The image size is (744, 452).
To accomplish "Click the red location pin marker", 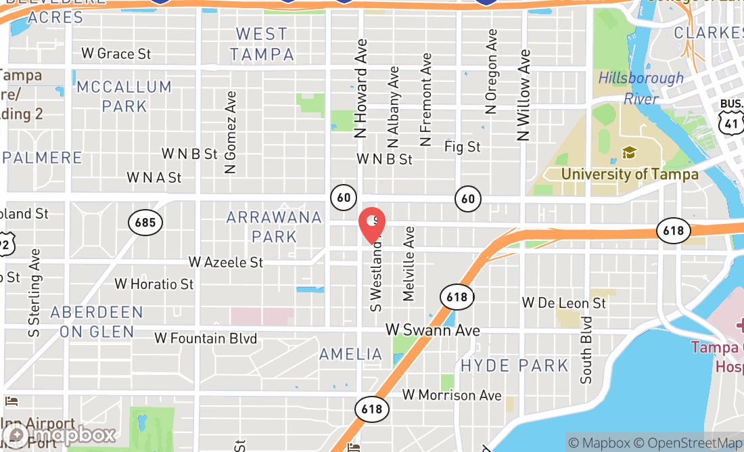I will click(x=371, y=225).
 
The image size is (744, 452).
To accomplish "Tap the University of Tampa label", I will click(x=630, y=175).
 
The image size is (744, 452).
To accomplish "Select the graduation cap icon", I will click(x=630, y=152).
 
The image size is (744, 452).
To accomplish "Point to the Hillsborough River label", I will click(x=641, y=89).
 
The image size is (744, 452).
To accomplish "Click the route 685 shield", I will click(x=145, y=222).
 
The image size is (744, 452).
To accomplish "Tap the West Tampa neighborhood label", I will click(x=262, y=44).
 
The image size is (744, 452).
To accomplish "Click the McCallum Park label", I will click(x=124, y=96).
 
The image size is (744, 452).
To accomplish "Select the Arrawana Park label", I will click(x=274, y=227).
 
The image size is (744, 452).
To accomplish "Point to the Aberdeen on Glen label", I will click(x=97, y=322).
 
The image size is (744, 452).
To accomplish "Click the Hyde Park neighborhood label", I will click(x=514, y=366).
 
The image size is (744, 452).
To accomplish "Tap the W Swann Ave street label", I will click(x=433, y=330).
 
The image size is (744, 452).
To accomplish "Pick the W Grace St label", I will click(x=116, y=53).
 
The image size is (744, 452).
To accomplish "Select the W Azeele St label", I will click(x=226, y=262).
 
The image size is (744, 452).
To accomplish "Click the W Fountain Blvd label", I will click(x=206, y=338).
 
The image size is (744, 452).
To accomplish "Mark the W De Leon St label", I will click(x=564, y=303).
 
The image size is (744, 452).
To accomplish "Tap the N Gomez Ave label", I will click(x=231, y=133).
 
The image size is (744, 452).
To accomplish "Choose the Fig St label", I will click(x=462, y=147).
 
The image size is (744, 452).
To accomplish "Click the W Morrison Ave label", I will click(x=452, y=395).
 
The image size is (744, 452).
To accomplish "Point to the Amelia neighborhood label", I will click(x=350, y=354).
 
